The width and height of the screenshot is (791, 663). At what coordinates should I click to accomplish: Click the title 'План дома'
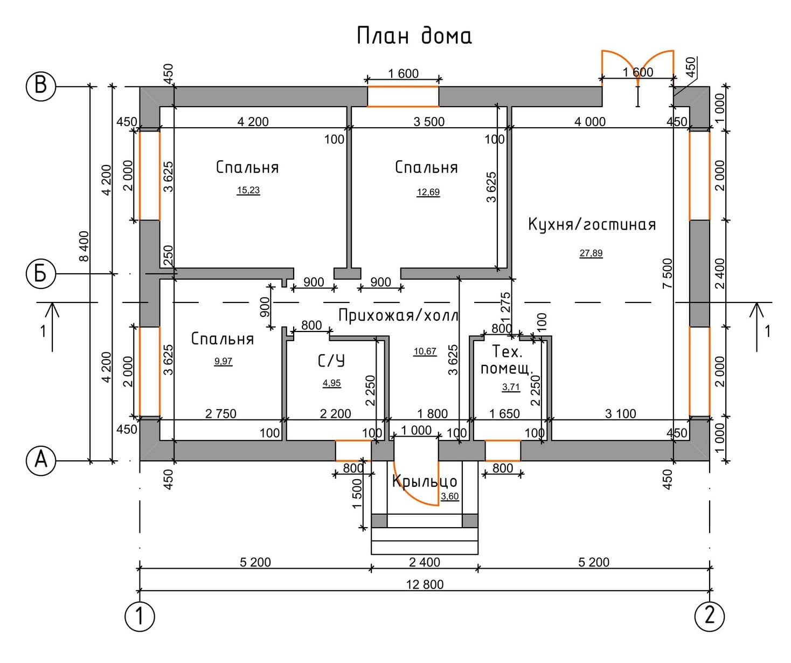point(414,37)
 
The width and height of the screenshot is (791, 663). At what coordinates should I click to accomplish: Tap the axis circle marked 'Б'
point(41,273)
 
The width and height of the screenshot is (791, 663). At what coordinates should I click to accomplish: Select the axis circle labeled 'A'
point(41,461)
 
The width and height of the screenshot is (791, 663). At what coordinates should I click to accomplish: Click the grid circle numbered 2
point(710,617)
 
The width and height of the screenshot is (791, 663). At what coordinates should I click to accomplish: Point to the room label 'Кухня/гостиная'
point(592,224)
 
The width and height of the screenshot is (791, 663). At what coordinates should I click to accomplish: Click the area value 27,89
point(591,253)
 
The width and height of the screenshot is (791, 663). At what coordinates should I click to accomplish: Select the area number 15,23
point(248,190)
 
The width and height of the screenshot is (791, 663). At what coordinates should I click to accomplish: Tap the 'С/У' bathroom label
point(331,361)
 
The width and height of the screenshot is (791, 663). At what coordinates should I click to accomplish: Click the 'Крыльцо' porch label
point(424,482)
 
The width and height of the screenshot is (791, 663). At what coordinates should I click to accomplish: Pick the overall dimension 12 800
point(425,584)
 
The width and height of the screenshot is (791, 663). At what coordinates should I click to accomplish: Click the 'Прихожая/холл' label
point(398,315)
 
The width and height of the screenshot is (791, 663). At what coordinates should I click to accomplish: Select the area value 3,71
point(511,388)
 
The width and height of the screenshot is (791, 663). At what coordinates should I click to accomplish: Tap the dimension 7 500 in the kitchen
point(668,273)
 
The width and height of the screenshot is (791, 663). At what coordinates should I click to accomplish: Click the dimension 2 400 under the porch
point(424,562)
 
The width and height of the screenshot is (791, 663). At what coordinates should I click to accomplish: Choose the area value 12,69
point(428,192)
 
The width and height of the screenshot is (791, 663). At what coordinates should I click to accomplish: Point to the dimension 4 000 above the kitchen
point(590,122)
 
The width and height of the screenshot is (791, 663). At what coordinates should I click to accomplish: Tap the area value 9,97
point(223,361)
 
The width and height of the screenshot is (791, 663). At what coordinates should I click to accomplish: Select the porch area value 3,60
point(450,496)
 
